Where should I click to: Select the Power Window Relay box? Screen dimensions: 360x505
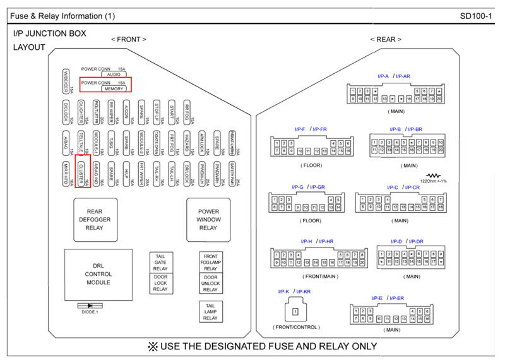point(208,219)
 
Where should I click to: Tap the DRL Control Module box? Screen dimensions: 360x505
point(98,274)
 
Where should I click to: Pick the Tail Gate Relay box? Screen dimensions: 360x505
point(160,262)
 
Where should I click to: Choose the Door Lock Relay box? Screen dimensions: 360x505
point(160,284)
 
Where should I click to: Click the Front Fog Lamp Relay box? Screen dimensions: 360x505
point(210,262)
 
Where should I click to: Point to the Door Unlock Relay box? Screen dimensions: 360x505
point(210,284)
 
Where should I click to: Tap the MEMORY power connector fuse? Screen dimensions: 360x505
point(114,89)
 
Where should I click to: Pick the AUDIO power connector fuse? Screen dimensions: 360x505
point(114,75)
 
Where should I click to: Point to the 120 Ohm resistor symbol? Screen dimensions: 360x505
point(433,175)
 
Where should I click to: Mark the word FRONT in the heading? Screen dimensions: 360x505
point(129,39)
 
